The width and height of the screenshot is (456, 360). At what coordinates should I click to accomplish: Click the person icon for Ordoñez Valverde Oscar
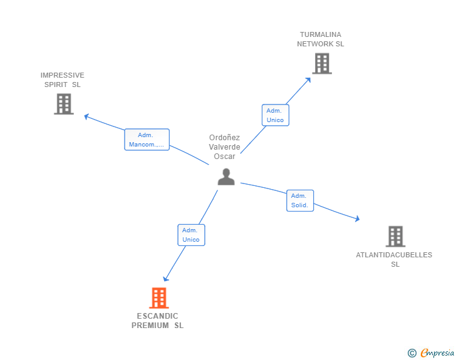coord(226,177)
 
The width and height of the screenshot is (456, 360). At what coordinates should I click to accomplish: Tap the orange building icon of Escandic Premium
coord(159,298)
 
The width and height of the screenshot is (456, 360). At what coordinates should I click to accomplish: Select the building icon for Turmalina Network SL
coord(321,63)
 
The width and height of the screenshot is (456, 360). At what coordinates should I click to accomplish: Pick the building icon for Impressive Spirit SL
coord(64,104)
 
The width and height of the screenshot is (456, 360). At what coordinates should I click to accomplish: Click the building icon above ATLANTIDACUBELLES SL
coord(395,237)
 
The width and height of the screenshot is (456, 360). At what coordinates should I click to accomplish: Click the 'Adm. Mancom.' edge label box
coord(147,140)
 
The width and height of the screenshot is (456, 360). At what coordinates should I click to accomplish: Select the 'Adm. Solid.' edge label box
coord(300,200)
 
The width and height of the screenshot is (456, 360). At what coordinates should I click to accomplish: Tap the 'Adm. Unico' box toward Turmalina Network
coord(275,115)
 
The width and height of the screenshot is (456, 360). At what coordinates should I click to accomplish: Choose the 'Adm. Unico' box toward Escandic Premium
coord(191,235)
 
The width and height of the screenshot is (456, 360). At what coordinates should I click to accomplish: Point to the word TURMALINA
coord(321,34)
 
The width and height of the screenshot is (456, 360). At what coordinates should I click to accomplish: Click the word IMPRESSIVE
coord(63,75)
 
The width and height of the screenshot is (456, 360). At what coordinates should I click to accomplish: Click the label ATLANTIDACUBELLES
coord(394,255)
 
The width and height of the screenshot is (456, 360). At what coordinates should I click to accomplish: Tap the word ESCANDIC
coord(158,316)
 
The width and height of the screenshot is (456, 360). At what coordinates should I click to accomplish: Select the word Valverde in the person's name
coord(224,147)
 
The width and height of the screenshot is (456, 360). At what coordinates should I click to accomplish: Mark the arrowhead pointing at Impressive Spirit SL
coord(87,116)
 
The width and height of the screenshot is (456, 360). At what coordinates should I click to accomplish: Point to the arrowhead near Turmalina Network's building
coord(308,80)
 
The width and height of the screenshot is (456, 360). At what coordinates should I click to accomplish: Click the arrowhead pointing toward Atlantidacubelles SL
coord(357,219)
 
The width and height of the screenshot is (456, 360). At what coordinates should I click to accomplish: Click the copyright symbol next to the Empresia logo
coord(412,353)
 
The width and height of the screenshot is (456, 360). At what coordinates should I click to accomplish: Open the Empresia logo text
coord(437,353)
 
